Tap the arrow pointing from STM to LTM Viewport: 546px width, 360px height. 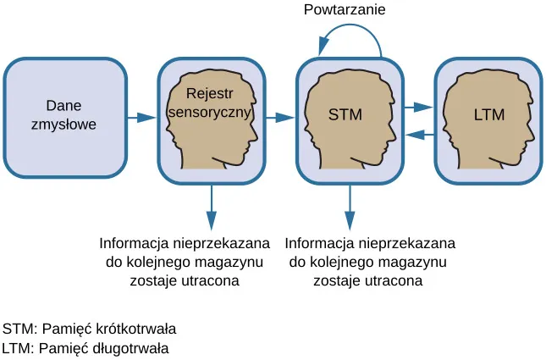pos(418,108)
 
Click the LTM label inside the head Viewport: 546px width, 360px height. pos(488,116)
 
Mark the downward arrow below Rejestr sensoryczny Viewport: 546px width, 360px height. pos(211,203)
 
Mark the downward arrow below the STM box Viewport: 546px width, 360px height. pos(349,203)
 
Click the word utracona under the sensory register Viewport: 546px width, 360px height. pos(205,280)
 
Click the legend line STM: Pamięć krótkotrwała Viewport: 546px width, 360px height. pos(89,329)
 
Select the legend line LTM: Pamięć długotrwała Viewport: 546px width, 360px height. pos(85,347)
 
